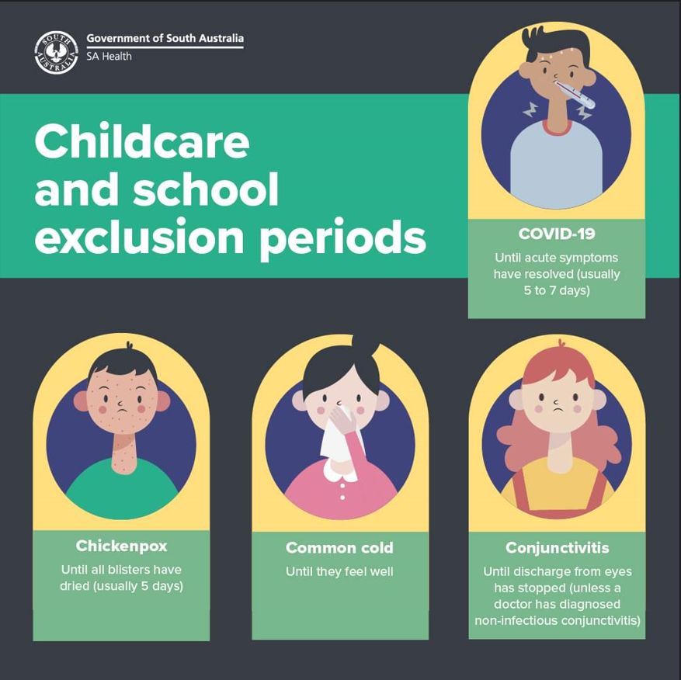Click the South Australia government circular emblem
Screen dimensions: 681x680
pos(56,52)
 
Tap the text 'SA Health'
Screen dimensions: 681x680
pos(109,57)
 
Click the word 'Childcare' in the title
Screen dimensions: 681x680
pos(142,142)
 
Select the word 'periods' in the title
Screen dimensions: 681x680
pos(343,238)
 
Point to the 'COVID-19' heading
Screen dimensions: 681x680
pos(556,234)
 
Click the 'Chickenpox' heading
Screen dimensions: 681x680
pos(121,546)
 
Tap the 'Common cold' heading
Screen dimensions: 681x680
pos(339,547)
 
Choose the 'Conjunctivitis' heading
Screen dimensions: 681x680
pos(558,547)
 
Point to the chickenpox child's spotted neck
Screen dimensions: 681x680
pos(125,454)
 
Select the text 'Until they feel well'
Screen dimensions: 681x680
pos(339,571)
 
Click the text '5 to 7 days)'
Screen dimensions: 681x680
pos(557,290)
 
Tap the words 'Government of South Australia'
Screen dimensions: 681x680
pos(165,38)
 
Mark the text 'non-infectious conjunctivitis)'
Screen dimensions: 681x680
pos(558,620)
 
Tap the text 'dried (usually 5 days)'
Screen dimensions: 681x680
pos(122,586)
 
